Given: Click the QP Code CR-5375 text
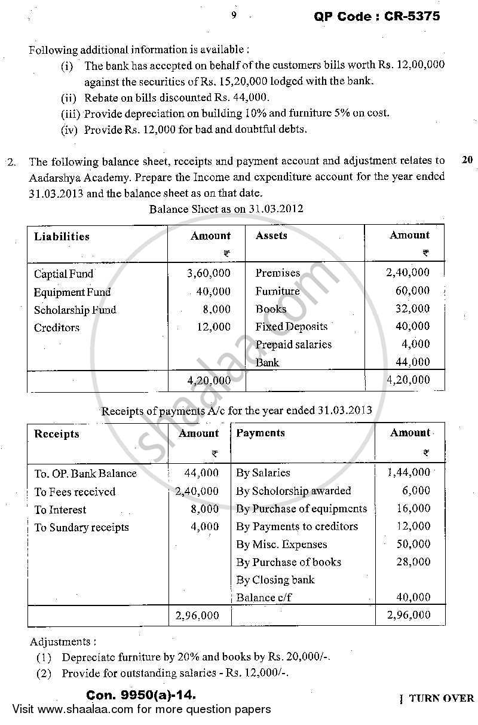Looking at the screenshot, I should tap(376, 16).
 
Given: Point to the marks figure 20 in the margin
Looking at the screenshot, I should tap(467, 160).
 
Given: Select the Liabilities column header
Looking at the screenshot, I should tap(62, 237).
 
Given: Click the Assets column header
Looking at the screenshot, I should tap(271, 235).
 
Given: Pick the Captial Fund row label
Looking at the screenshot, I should tap(63, 274).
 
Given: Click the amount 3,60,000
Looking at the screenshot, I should tap(209, 274).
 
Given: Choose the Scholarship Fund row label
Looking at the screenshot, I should tap(75, 310).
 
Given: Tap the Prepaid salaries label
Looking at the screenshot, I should tap(293, 344).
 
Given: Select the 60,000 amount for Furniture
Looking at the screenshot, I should tap(412, 291).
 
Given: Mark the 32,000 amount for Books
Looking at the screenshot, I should tap(412, 309).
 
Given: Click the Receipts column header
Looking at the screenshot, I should tap(57, 434).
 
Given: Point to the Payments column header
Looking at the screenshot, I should tap(261, 433).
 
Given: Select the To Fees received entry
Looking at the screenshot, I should tap(75, 492).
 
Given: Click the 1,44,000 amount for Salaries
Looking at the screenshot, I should tap(408, 472).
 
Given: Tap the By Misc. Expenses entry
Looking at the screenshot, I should tap(281, 544).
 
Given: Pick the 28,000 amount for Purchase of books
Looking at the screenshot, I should tap(413, 562).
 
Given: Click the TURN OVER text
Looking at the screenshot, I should tap(440, 699).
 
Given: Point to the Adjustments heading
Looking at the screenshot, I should tap(62, 641).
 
